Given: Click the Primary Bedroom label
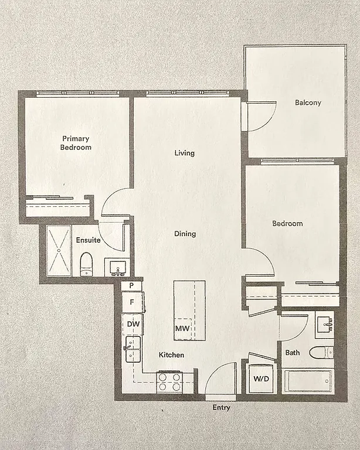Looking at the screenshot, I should click(76, 143).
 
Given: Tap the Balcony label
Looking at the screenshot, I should click(308, 103).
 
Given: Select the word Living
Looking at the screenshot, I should click(184, 153).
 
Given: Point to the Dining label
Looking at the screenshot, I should click(185, 234).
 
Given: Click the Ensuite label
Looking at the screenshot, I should click(88, 240).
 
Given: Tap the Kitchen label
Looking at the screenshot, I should click(171, 355).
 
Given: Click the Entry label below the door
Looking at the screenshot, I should click(221, 408).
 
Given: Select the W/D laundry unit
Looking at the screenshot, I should click(261, 378).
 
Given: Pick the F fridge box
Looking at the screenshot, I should click(132, 302).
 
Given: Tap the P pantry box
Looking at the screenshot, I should click(131, 285).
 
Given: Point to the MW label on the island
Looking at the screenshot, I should click(182, 329).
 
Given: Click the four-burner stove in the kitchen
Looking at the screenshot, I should click(169, 382).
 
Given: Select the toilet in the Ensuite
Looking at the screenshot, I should click(86, 264).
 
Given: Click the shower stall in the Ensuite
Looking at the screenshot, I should click(59, 250).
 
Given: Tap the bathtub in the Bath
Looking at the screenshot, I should click(309, 381).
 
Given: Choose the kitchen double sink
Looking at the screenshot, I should click(133, 350).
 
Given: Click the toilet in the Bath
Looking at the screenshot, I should click(321, 352).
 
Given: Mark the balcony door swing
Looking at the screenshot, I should click(260, 117).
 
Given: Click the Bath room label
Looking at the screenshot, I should click(292, 353).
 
